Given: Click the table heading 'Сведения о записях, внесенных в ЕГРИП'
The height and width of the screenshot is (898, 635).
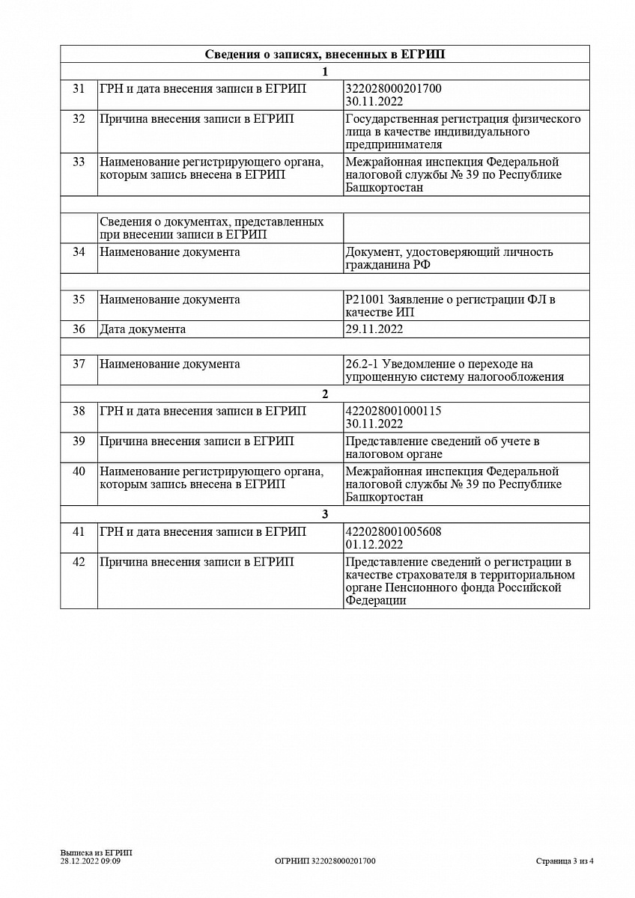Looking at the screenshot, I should coord(325,55).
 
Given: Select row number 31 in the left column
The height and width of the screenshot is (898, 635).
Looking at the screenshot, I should coord(79,89).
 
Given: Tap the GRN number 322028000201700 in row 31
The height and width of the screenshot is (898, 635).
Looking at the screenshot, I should coord(394,89).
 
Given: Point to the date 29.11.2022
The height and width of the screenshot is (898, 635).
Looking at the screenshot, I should coord(374,329).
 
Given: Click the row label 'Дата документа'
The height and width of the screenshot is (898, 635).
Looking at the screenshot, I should coord(143,329).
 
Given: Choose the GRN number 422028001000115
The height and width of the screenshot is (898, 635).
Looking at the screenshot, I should coord(394,412).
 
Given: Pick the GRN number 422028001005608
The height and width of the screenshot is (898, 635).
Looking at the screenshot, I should coord(394,532).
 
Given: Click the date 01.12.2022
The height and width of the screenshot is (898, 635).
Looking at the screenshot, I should coord(374,545).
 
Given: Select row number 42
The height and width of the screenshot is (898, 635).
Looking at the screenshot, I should coord(79,562).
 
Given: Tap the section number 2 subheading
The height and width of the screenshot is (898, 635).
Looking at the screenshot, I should coord(325,394).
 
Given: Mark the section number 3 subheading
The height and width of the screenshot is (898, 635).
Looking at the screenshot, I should coord(325,515).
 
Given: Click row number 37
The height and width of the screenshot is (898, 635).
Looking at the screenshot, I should coord(79,364).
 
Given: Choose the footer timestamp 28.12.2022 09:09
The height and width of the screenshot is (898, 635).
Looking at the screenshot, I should coord(91,861).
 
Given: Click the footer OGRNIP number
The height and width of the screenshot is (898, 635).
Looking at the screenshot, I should coord(325,861).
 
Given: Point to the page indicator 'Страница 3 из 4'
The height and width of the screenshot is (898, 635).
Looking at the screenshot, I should coord(565,861).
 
